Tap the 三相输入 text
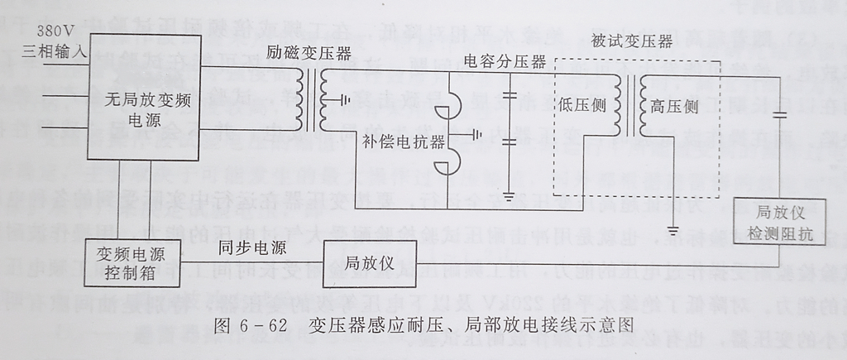click(x=54, y=51)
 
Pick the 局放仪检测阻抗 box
click(x=773, y=223)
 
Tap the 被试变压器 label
click(x=632, y=42)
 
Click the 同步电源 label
click(x=253, y=247)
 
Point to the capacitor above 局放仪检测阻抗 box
click(x=778, y=115)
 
